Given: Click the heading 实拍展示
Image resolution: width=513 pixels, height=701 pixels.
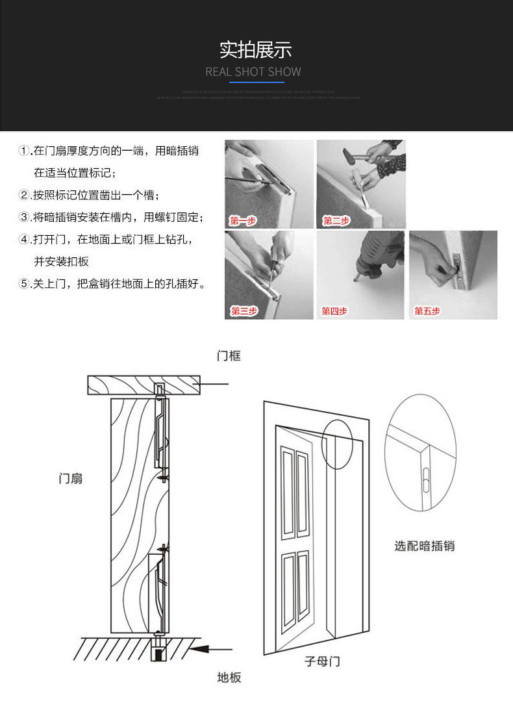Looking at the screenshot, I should [x=256, y=49].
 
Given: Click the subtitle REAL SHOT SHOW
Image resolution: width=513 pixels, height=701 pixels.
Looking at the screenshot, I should [x=253, y=71].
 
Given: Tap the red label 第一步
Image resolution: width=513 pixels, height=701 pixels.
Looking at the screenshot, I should [x=243, y=221].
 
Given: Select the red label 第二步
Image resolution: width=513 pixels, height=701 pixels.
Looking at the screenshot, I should [x=336, y=221].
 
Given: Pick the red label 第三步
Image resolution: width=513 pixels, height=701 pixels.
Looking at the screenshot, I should [x=244, y=311].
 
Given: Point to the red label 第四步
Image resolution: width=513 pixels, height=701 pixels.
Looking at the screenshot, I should [x=335, y=311].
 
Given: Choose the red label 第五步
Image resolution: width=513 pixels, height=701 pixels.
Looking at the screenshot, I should [x=427, y=311].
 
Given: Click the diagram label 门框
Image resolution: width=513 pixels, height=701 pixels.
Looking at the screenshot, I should [x=229, y=356].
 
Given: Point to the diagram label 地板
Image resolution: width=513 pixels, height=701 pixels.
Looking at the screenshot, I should [x=229, y=678].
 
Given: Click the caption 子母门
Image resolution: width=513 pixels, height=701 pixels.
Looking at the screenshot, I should [x=322, y=661].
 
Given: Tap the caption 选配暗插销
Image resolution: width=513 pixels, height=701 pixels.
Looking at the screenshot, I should [x=424, y=546].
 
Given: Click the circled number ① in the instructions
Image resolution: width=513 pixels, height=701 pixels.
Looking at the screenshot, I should [x=24, y=151].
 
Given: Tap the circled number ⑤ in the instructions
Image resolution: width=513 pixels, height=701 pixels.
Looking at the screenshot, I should [x=24, y=284].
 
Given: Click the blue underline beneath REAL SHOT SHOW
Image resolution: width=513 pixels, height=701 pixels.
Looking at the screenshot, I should [x=253, y=83].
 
